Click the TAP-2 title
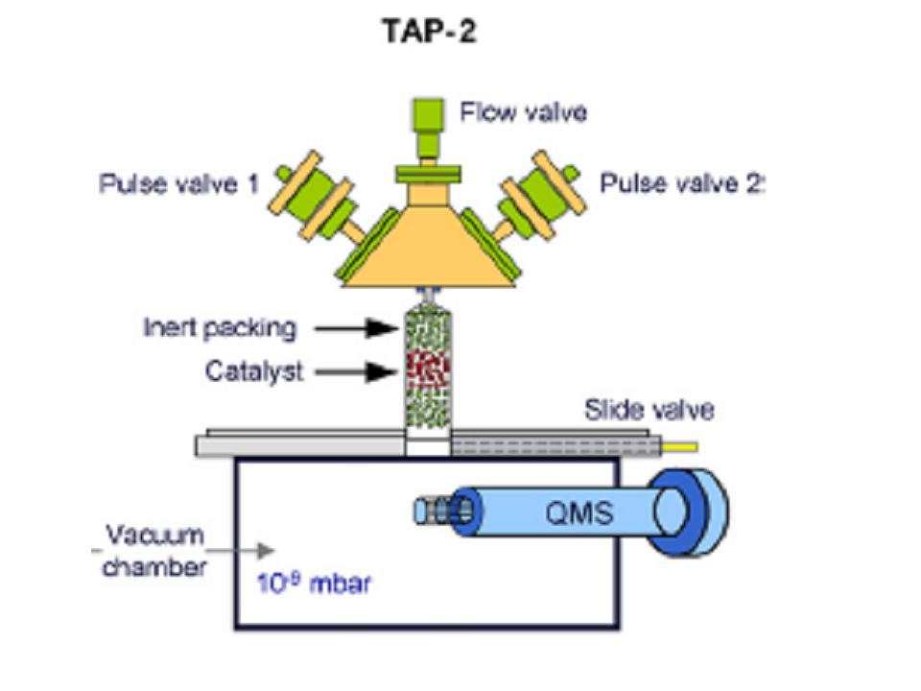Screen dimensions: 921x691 pos(429,33)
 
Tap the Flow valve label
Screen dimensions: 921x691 pos(523,112)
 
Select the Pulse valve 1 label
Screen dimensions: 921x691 pos(179,182)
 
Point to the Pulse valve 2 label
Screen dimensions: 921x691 pos(681,182)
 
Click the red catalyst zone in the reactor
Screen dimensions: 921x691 pos(427,369)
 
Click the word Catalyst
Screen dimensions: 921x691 pos(254,371)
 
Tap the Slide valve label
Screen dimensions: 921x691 pos(649,411)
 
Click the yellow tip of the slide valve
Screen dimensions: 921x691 pos(683,446)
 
